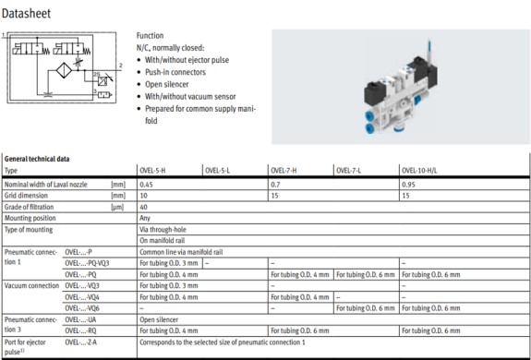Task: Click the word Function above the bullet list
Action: [151, 35]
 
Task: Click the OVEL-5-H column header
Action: [153, 170]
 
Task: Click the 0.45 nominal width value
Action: [146, 184]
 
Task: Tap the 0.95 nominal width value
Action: [409, 184]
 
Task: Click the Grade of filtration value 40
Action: [143, 206]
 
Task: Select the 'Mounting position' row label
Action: [32, 217]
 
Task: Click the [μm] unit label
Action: [117, 206]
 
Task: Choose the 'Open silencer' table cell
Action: [161, 318]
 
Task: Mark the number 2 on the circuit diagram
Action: [120, 66]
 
